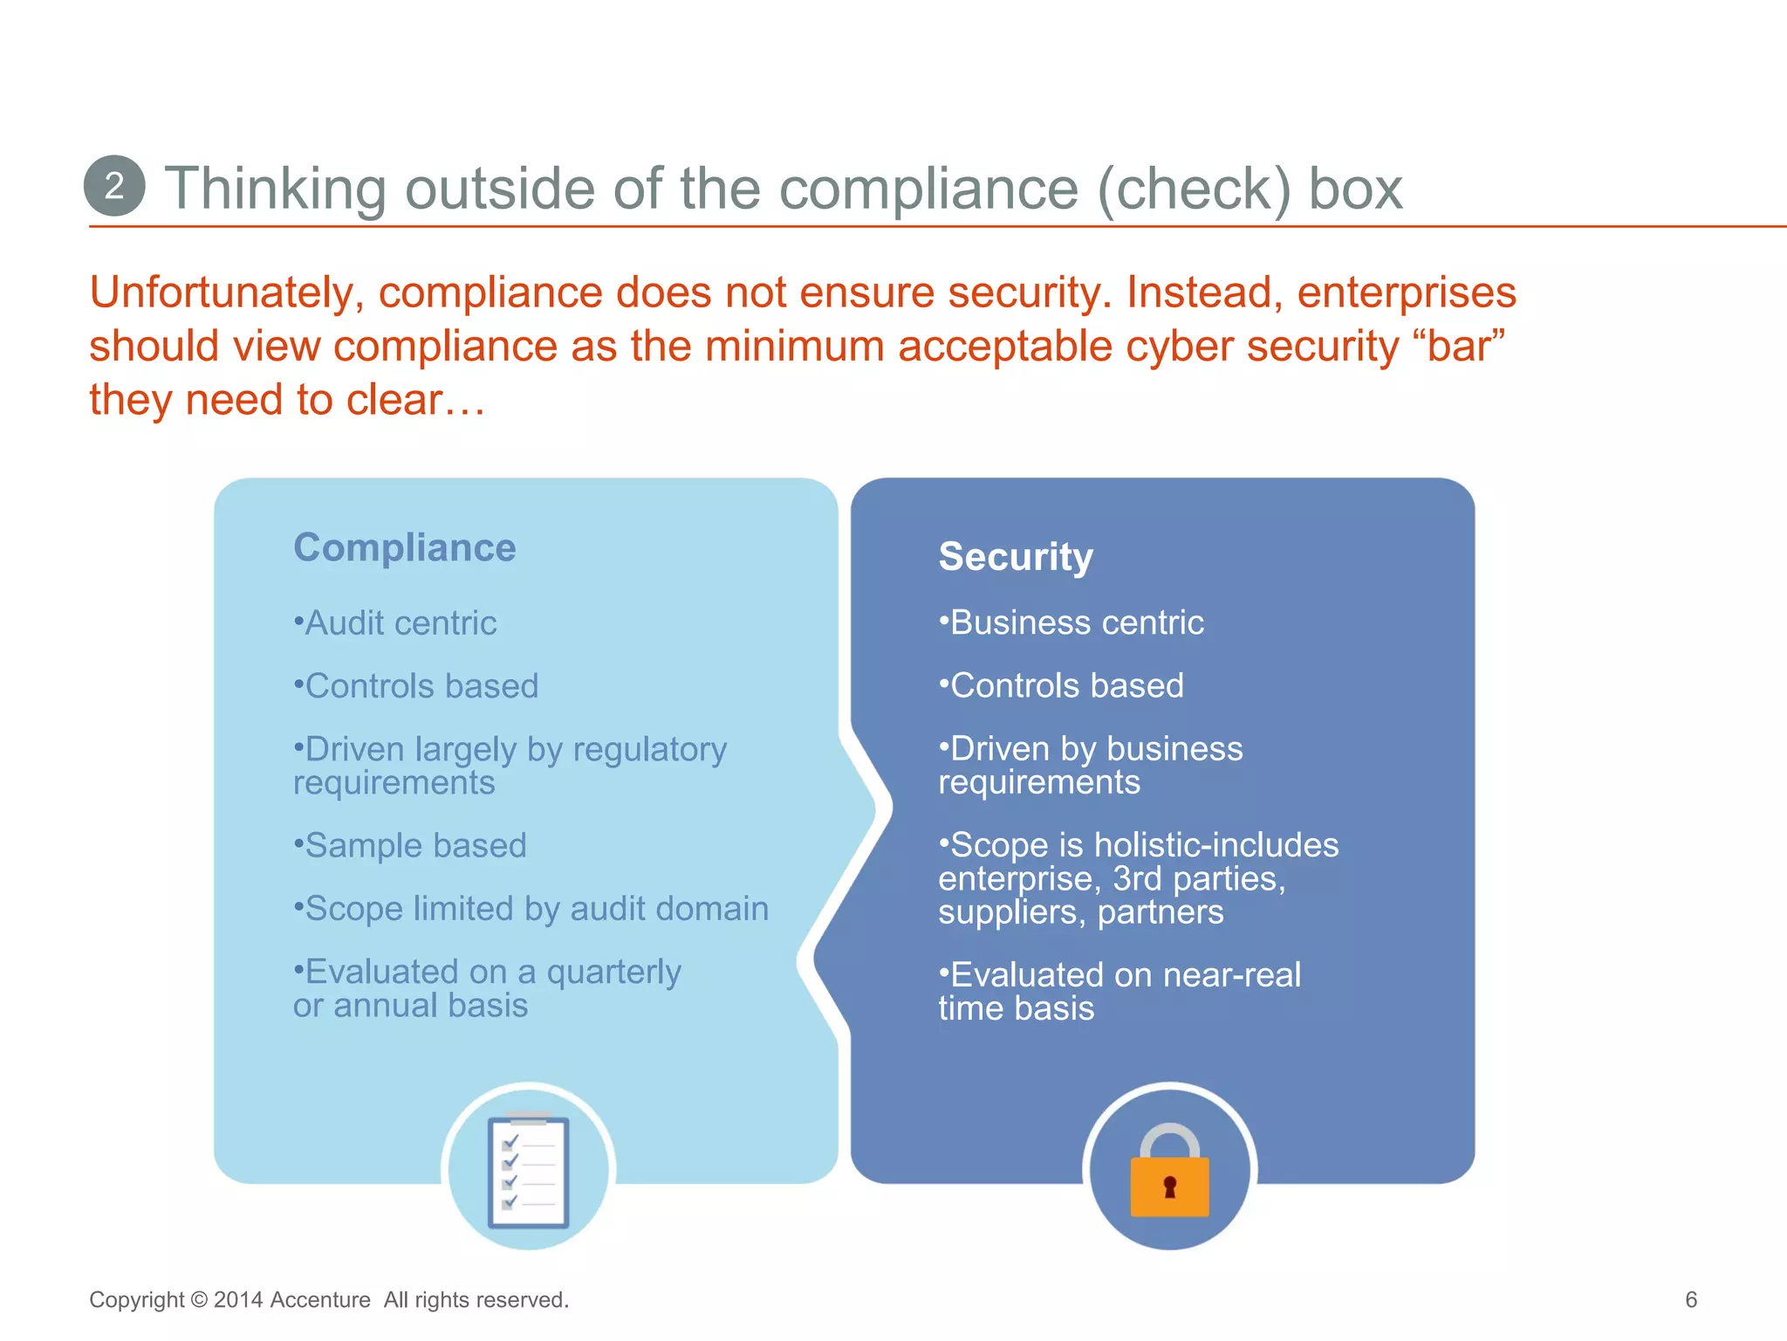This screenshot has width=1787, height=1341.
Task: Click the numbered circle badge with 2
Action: coord(114,186)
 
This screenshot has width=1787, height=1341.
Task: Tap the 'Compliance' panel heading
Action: coord(405,548)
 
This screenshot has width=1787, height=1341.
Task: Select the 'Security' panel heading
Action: coord(1016,557)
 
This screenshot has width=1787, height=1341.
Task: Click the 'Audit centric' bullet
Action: coord(395,623)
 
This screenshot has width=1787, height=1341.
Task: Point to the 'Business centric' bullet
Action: coord(1072,623)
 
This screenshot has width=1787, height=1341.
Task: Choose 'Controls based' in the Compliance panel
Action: coord(416,686)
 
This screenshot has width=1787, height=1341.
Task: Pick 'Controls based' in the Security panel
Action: coord(1062,686)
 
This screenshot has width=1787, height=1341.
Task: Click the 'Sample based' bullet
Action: coord(410,845)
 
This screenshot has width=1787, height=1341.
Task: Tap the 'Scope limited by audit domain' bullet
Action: coord(531,909)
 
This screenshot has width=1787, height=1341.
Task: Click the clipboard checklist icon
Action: coord(529,1171)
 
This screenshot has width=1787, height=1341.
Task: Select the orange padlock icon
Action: coord(1169,1174)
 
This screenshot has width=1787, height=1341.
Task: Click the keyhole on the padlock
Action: coord(1170,1187)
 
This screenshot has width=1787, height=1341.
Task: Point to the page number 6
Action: coord(1691,1300)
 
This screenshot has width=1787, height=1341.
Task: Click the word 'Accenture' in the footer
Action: coord(320,1300)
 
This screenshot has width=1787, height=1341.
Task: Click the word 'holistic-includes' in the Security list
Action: coord(1216,845)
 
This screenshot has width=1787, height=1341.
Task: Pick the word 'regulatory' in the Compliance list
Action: coord(650,750)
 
